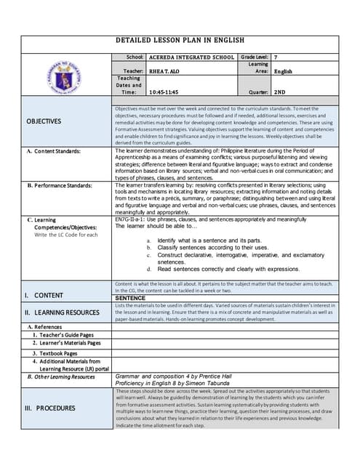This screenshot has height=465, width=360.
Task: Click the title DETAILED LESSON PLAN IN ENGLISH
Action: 180,41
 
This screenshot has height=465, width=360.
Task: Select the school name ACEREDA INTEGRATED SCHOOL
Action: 191,57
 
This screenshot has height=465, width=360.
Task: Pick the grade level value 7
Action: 276,57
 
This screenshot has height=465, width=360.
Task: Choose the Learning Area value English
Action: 283,71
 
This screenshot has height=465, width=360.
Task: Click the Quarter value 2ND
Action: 280,92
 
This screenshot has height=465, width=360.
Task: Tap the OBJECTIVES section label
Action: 44,121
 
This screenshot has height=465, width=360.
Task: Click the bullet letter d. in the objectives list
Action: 149,269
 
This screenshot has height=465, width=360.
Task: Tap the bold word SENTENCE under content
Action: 130,298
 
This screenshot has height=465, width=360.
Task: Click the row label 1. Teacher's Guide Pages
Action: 63,334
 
